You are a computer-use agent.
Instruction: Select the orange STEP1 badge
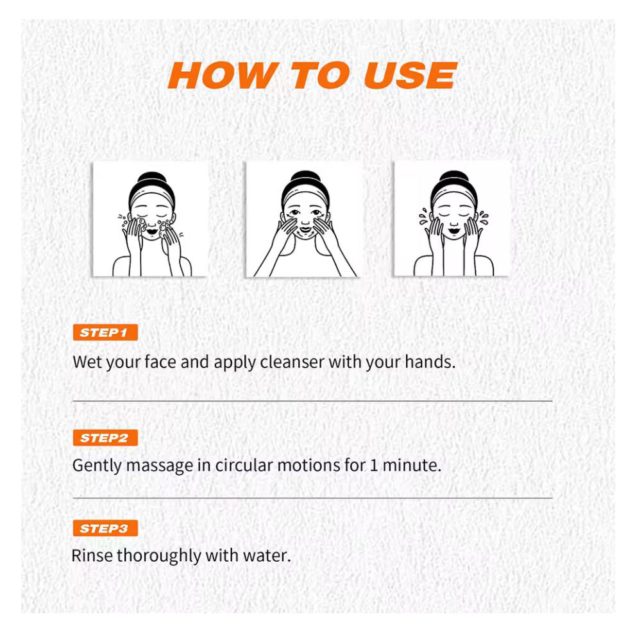point(105,332)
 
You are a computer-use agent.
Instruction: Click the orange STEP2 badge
point(105,438)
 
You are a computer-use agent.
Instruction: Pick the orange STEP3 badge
point(105,529)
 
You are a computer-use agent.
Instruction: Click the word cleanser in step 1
point(292,362)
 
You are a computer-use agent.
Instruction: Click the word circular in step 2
point(244,465)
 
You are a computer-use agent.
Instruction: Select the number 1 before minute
point(374,466)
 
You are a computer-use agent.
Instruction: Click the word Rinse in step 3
point(92,555)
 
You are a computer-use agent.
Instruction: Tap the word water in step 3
point(265,556)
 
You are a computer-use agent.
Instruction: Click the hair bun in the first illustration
point(152,178)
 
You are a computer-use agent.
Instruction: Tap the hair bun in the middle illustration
point(305,177)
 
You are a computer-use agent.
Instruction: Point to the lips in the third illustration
point(454,231)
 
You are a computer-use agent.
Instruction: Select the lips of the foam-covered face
point(152,232)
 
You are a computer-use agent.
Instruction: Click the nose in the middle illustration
point(305,221)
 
